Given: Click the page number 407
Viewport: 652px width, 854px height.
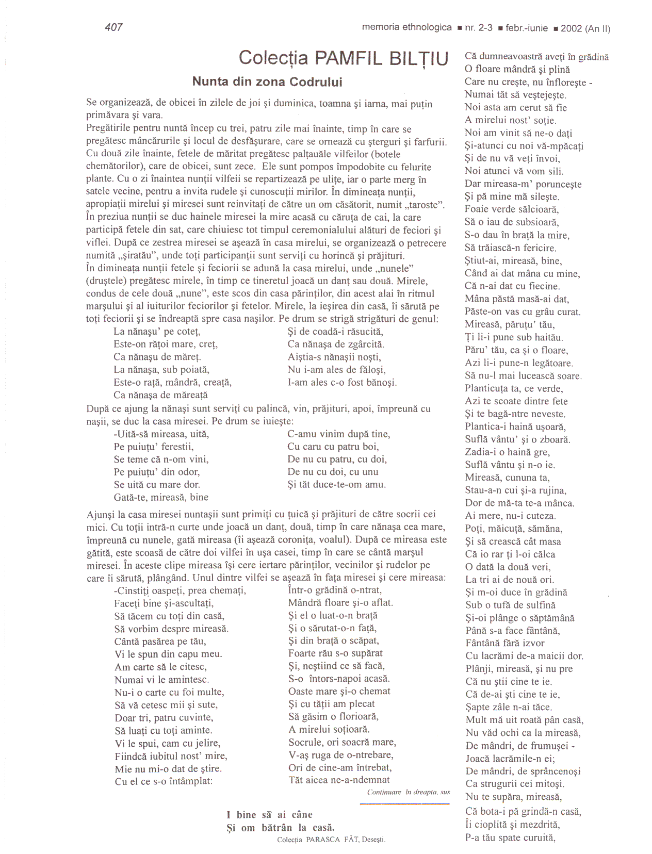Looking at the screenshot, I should click(113, 27).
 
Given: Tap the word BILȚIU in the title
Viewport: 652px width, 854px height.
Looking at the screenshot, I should click(419, 58).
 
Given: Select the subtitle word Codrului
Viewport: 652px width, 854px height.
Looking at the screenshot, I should click(316, 82).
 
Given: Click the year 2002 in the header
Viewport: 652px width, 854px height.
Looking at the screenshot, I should click(571, 28).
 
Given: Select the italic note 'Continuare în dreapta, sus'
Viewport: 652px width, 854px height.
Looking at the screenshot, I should click(409, 792).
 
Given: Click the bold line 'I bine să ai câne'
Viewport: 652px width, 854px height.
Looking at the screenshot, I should click(269, 815).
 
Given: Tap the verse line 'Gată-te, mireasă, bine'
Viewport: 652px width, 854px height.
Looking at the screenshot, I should click(161, 497).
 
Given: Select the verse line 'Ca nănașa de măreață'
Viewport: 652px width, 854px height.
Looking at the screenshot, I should click(160, 395).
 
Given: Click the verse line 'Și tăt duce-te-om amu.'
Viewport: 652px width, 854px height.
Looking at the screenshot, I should click(336, 484).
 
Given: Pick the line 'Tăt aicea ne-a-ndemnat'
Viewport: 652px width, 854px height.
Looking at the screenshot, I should click(339, 780).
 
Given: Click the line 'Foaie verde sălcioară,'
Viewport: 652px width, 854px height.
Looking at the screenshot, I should click(512, 209).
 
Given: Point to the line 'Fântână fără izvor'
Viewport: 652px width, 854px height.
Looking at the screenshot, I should click(504, 643).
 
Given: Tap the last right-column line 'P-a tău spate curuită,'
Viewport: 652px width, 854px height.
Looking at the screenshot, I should click(510, 837).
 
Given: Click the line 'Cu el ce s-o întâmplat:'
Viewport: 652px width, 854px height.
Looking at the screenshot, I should click(164, 781).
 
